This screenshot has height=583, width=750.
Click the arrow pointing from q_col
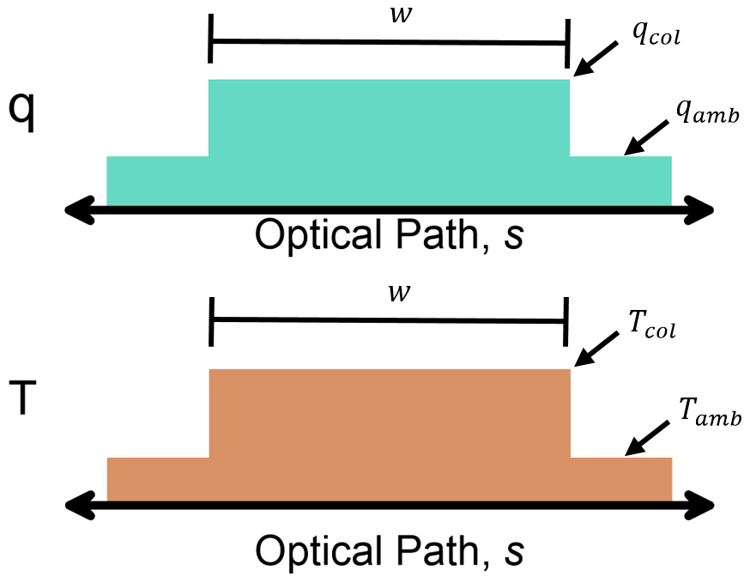tap(594, 61)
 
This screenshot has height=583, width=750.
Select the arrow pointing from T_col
tap(594, 351)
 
